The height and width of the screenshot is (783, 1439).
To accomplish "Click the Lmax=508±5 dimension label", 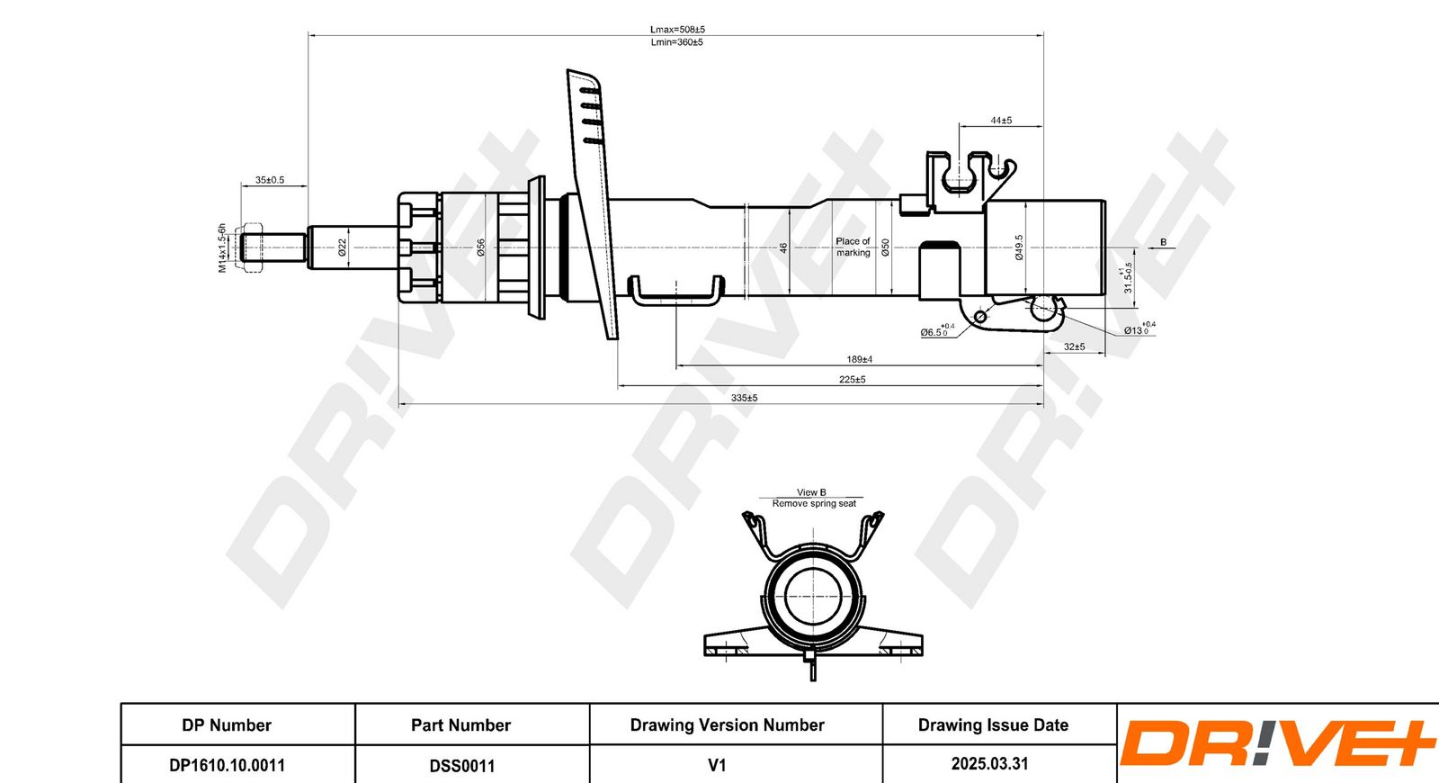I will pos(677,30).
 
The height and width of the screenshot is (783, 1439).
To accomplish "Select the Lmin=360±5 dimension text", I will pos(676,42).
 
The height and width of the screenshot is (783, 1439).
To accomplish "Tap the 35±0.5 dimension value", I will pos(269,180).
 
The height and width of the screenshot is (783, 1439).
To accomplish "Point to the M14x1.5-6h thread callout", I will pos(222,248).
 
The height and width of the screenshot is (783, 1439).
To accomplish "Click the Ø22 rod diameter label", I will pos(343,247).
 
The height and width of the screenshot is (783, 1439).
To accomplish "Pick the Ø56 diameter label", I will pos(480,247).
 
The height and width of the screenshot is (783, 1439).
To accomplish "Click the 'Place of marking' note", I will pos(853,247).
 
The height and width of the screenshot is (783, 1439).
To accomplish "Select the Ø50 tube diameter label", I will pos(885,247).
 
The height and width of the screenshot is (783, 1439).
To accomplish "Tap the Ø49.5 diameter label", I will pos(1019,247).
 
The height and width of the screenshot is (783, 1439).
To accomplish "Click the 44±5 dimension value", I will pos(1001,121).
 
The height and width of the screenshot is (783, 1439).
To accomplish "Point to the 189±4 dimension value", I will pos(859,360).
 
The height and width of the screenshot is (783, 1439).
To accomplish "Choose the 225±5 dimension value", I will pos(852,380).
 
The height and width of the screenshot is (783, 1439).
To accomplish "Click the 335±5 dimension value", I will pos(744,398).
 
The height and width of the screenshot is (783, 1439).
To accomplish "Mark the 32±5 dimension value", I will pos(1074,346).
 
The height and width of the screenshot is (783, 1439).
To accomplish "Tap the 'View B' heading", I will pos(811,492).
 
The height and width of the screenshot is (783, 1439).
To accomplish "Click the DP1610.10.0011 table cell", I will pos(227,765).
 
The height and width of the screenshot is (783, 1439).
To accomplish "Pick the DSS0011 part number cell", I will pos(461,766).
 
